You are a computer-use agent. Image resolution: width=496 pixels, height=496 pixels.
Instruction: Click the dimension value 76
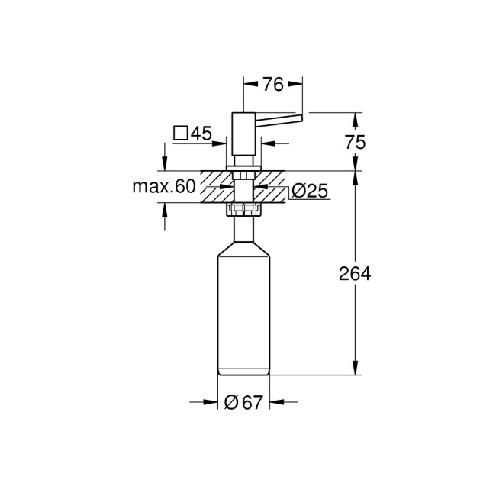pos(272,85)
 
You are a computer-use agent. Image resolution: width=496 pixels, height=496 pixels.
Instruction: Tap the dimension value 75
pos(355,142)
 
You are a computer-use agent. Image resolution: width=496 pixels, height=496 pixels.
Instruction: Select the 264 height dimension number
pos(355,274)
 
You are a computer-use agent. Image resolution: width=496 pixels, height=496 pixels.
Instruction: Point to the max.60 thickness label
pos(163,187)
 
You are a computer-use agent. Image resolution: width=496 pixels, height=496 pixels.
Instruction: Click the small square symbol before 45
pos(180,134)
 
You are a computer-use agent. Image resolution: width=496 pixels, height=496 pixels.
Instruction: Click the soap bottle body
pos(243,313)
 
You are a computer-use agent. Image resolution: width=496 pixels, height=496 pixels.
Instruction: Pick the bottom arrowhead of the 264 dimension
pos(355,370)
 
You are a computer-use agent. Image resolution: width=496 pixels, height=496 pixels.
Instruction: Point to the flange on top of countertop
pos(243,166)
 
